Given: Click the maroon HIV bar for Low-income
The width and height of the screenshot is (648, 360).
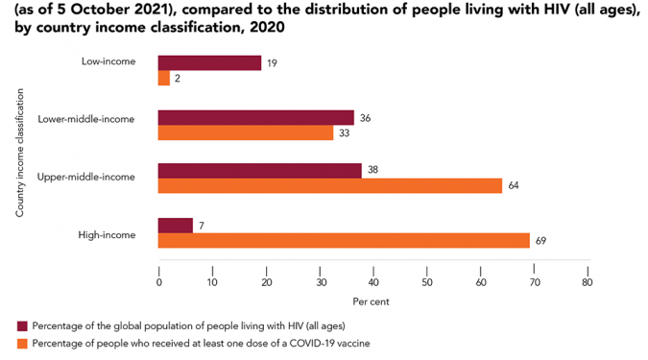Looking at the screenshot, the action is coord(209,62).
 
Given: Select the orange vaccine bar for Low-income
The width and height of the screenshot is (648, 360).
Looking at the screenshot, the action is coord(164,78).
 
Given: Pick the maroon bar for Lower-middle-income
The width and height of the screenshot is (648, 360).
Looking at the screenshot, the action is coord(256,118).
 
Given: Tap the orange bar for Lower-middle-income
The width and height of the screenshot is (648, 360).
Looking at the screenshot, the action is coord(246,132).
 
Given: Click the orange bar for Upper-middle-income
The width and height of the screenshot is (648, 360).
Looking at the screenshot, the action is coord(330,186).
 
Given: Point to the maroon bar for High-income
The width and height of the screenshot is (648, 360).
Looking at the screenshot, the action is coord(176,226).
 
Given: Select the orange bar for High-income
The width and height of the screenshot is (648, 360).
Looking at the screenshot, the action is coord(344,241).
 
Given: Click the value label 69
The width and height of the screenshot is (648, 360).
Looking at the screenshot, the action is coord(540,241).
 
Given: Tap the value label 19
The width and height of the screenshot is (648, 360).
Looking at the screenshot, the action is coord(272,63).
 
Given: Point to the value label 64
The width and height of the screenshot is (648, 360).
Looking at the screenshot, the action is coord(514,185).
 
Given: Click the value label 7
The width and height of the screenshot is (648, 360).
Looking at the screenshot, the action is coord(202,226).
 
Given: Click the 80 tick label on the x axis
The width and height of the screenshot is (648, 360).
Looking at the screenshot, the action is coord(588,282).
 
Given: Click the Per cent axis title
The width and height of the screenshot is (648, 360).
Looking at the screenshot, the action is coord(371,301).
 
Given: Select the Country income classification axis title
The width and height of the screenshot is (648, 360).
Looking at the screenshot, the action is coord(20,153).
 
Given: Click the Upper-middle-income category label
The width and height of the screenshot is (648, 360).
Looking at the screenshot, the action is coord(86,177).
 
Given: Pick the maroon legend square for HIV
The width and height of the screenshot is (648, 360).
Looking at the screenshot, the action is coord(22,326).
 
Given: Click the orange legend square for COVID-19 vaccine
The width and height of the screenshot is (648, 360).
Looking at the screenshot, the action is coord(22,344).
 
